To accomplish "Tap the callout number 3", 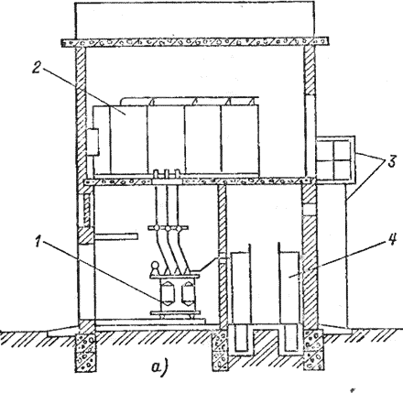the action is click(392, 162).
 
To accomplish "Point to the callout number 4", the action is click(392, 240).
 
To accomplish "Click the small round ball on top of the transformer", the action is click(155, 265).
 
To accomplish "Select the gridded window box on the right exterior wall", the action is click(335, 159).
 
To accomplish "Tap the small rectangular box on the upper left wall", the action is click(93, 142).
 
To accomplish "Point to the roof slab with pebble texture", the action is click(195, 42).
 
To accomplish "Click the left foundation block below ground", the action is click(86, 350).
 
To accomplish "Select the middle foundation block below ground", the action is click(221, 350).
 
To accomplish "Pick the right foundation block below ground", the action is click(312, 350).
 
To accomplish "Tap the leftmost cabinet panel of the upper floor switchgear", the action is click(128, 139).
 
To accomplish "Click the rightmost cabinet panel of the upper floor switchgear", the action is click(240, 139).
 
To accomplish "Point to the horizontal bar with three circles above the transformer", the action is click(168, 228).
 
